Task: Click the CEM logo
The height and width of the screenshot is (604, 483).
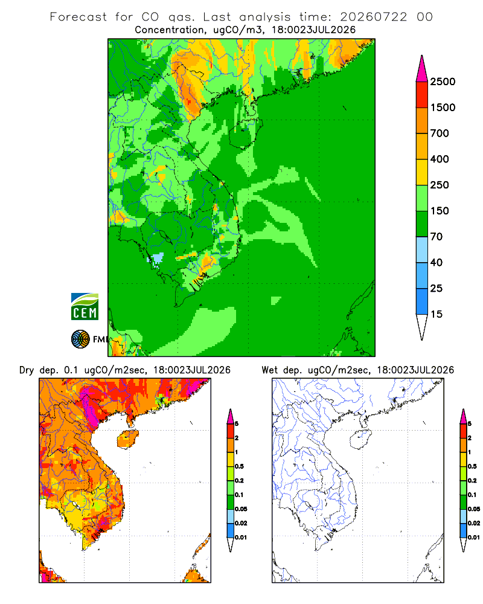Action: click(x=85, y=307)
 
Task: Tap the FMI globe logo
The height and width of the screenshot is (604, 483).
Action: click(x=80, y=339)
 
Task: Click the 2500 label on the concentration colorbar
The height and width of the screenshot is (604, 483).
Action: click(x=443, y=82)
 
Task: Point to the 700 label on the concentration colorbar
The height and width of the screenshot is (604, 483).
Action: click(x=440, y=133)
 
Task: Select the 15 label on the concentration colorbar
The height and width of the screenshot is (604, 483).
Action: click(x=437, y=314)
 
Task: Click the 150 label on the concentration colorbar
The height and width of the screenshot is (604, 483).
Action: click(x=440, y=211)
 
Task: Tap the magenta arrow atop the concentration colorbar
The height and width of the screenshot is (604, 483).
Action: click(x=422, y=69)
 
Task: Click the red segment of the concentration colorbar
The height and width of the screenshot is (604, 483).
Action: click(x=422, y=95)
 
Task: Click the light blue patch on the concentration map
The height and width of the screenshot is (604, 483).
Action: click(x=157, y=259)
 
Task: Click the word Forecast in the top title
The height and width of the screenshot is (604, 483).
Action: click(x=78, y=17)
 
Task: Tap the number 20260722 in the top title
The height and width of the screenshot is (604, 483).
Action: click(x=374, y=17)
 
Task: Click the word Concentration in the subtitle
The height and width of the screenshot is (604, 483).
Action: click(x=170, y=30)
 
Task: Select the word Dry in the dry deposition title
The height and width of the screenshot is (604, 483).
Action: click(x=27, y=370)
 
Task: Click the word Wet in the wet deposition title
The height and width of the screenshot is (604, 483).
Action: click(x=270, y=370)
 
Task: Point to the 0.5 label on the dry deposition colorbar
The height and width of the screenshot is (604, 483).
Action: click(x=239, y=466)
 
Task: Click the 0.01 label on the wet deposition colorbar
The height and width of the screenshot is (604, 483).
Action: click(x=474, y=538)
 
